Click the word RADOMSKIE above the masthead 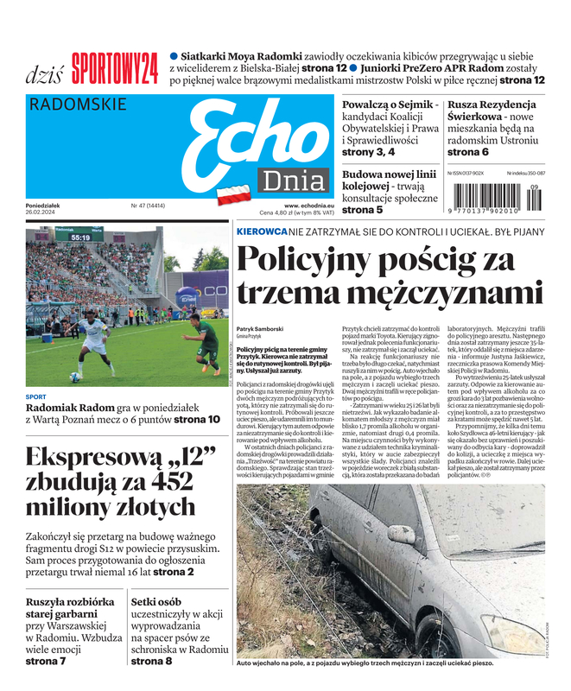point(78,105)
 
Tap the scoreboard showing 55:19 point(80,237)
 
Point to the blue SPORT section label point(36,397)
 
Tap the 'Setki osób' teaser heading point(155,602)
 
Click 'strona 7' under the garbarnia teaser point(46,661)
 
